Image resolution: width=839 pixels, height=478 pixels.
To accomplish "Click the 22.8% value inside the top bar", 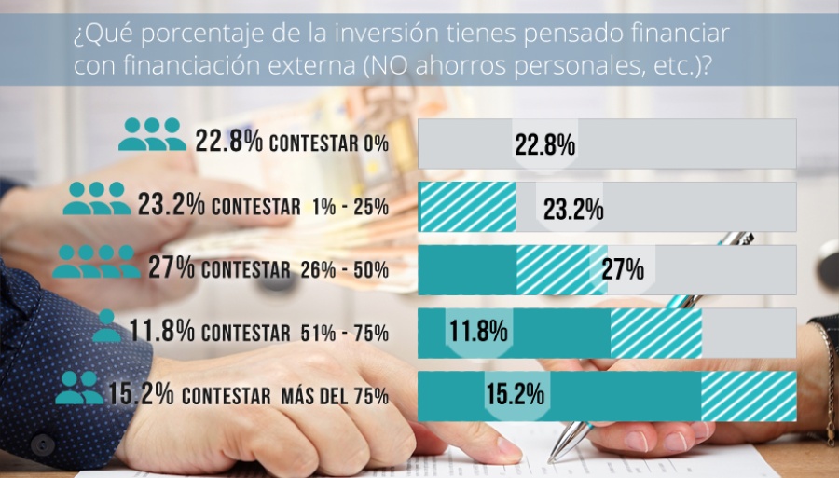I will point(544,145).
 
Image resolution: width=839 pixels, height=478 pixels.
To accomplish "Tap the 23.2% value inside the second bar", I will point(573,209).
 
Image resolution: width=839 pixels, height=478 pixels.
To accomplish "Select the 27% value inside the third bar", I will point(623,270).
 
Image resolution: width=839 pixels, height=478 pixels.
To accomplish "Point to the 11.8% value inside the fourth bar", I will point(477,332).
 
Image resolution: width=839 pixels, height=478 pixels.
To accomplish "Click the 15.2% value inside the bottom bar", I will point(514,395).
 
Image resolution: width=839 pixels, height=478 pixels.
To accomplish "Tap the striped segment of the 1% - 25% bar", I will point(467,207).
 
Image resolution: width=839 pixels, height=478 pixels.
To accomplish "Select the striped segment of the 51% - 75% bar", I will point(655,333).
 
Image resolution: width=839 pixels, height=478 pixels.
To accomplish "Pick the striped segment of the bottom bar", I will point(749,396).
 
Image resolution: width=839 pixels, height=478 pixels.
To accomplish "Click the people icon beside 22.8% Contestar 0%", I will point(151,135).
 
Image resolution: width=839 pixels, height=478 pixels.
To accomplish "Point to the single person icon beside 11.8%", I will point(106,325).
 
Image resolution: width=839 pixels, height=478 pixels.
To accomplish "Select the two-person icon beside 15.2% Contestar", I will point(79,388).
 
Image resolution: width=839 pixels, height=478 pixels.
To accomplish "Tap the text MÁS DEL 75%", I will point(334,396).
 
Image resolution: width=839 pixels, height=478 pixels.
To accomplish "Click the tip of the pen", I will point(553,458).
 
